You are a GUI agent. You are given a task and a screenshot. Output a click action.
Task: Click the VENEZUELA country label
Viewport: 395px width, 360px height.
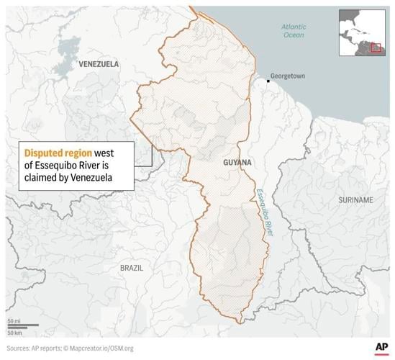pos(99,64)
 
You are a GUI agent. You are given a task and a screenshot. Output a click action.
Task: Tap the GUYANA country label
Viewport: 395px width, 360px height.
pos(237,163)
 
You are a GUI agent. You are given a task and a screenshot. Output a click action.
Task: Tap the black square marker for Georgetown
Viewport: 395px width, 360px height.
pos(268,81)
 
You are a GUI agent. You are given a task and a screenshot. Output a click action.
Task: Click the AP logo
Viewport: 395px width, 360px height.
pos(381,348)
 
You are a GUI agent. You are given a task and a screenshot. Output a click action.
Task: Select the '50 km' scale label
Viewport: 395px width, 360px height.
pos(14,333)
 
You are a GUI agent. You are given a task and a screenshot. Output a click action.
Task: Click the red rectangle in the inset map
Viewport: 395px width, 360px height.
pos(376,47)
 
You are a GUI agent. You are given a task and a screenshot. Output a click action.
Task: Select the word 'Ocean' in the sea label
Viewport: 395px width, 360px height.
pos(294,35)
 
